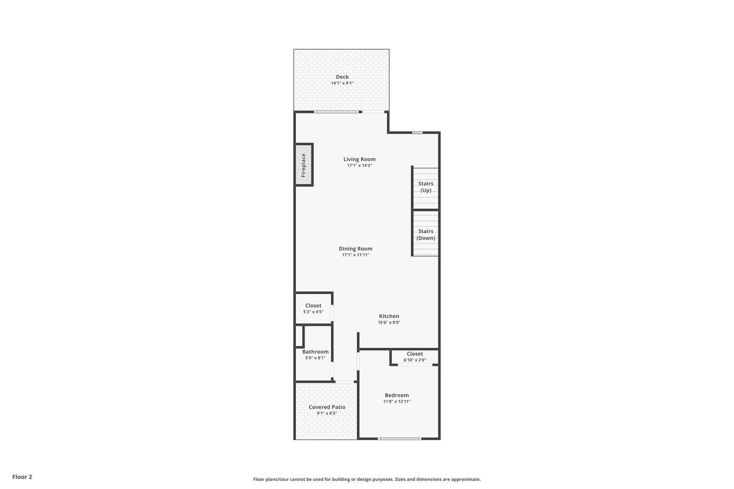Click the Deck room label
[x=342, y=77]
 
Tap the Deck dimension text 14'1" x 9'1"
[x=342, y=83]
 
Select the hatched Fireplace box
[x=303, y=165]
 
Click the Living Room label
[x=359, y=159]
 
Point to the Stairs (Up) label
[x=426, y=187]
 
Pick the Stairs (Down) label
[x=426, y=234]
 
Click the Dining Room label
[x=356, y=249]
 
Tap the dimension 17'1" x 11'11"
[x=356, y=255]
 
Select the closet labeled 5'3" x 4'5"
[x=313, y=308]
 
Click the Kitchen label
[x=389, y=316]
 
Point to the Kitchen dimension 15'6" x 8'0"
[x=389, y=322]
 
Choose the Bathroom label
[x=315, y=352]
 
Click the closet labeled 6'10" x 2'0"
[x=415, y=357]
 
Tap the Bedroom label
[x=397, y=395]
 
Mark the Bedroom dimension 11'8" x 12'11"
[x=397, y=401]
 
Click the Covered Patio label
[x=327, y=407]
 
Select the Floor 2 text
[x=22, y=477]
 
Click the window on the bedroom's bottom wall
[x=399, y=439]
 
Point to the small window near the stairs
[x=417, y=132]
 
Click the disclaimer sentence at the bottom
[x=367, y=479]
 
